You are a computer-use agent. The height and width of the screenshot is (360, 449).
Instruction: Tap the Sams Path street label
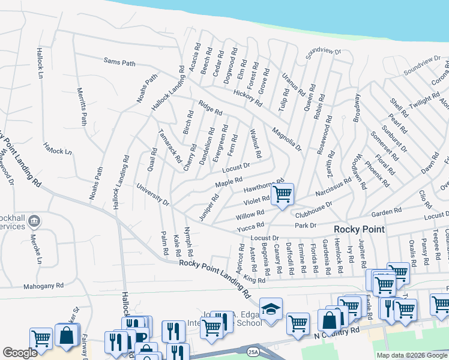(120, 61)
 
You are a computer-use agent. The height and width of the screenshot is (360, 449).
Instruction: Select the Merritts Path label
(82, 107)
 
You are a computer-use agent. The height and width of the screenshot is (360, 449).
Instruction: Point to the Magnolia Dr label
(285, 139)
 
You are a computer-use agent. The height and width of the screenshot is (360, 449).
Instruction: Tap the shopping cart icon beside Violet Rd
(282, 194)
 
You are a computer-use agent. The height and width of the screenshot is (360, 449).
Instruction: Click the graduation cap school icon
(271, 309)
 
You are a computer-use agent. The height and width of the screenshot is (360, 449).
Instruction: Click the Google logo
(20, 353)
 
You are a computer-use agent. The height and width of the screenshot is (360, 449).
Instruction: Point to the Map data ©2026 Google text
(411, 355)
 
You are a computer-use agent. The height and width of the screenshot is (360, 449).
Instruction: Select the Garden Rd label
(385, 212)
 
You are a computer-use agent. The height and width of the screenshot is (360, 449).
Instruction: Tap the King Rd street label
(255, 280)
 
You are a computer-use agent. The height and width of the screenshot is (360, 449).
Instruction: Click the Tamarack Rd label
(169, 146)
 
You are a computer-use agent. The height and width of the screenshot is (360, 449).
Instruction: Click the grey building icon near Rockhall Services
(34, 221)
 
